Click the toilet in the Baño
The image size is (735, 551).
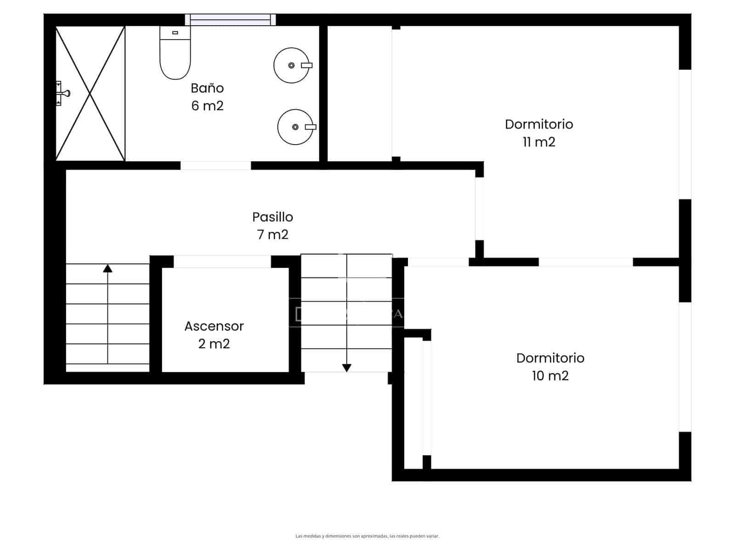(x=175, y=54)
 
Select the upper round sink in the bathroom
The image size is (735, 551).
(x=291, y=65)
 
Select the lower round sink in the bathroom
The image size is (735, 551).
(x=295, y=127)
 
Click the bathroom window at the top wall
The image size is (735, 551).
(x=230, y=19)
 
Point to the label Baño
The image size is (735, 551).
(x=207, y=88)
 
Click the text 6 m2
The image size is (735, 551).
(x=207, y=106)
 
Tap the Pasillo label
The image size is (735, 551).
(x=272, y=217)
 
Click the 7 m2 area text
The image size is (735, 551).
(x=272, y=235)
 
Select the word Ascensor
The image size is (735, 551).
(x=214, y=326)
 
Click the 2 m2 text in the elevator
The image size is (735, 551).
(x=214, y=344)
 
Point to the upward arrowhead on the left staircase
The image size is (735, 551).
(x=107, y=268)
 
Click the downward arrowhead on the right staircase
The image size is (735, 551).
(x=347, y=368)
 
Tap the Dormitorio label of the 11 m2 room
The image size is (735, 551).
(x=539, y=124)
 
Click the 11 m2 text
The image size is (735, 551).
(x=539, y=142)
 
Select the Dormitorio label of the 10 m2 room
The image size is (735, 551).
(x=550, y=358)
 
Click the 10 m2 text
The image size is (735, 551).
(x=550, y=376)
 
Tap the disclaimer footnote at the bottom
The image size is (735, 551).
(x=367, y=536)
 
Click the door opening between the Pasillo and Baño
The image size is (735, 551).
(x=215, y=165)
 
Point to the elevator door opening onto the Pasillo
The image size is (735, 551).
(x=222, y=262)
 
